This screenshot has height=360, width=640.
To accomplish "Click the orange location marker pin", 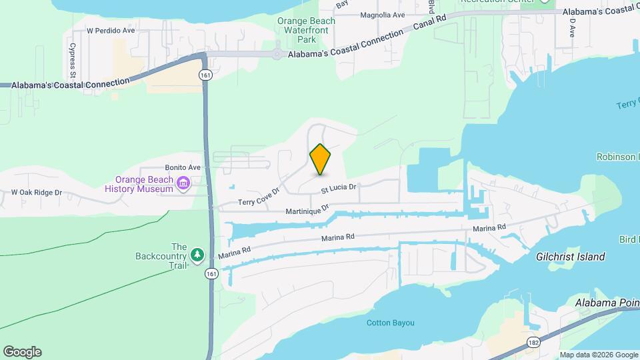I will click(x=321, y=159).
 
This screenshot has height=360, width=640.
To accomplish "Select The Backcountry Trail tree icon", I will click(x=197, y=255).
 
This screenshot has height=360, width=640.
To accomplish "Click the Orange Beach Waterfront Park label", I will click(x=306, y=30).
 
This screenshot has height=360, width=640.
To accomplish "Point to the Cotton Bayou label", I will click(x=391, y=323).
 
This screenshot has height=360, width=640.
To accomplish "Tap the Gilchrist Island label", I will click(x=571, y=257).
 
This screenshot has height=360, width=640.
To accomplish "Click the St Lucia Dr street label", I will click(x=339, y=189).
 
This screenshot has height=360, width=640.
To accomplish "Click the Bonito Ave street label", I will click(x=183, y=167).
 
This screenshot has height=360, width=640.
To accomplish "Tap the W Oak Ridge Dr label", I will click(x=37, y=193).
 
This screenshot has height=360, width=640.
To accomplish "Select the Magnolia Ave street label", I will click(x=382, y=15).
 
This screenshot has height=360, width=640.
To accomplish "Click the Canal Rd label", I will click(x=429, y=24).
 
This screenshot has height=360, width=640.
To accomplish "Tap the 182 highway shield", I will click(x=533, y=342).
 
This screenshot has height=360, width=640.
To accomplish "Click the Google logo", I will click(x=22, y=352).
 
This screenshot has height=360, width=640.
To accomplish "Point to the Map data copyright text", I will click(x=598, y=355).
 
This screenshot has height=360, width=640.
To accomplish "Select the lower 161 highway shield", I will click(x=211, y=274).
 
